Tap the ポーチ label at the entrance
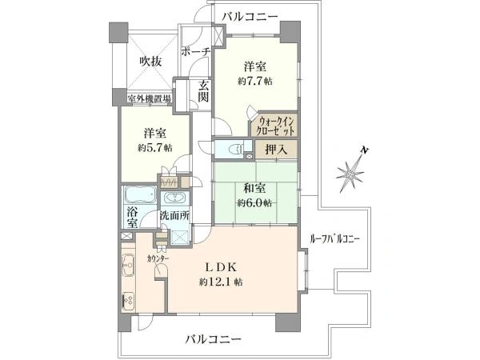pyautogui.click(x=196, y=51)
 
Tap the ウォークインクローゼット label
pyautogui.click(x=276, y=126)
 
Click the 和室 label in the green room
pyautogui.click(x=255, y=190)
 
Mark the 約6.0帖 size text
pyautogui.click(x=255, y=203)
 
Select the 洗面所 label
pyautogui.click(x=174, y=215)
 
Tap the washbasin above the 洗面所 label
pyautogui.click(x=174, y=198)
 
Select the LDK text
pyautogui.click(x=224, y=267)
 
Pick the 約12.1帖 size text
pyautogui.click(x=224, y=282)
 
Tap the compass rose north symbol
pyautogui.click(x=352, y=170)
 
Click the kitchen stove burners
pyautogui.click(x=126, y=300)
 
